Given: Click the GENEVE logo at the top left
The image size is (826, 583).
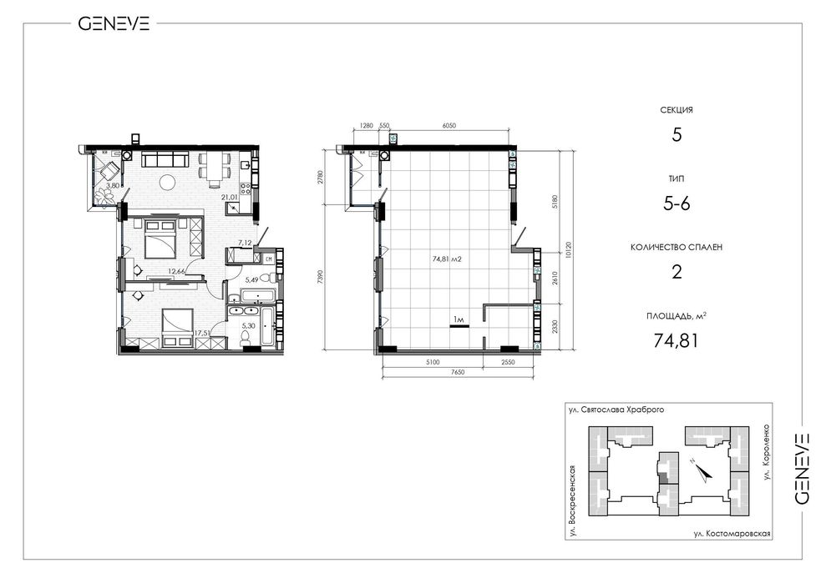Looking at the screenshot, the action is (x=114, y=23).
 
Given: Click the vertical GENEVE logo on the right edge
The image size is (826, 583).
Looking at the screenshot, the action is (x=801, y=469).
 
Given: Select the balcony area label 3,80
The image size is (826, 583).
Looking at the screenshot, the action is (x=112, y=185).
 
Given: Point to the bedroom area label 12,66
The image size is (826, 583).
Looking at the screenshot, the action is (x=176, y=272).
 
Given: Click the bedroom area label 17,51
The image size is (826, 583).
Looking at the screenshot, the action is (x=203, y=333).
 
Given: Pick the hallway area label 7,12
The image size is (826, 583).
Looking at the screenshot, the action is (x=245, y=243).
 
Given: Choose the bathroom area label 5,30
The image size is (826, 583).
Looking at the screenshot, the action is (x=248, y=326).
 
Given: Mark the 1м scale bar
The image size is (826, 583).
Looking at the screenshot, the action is (x=459, y=326).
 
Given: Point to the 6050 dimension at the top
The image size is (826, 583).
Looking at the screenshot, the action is (x=448, y=126).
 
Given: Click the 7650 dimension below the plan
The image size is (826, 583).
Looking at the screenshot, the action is (x=458, y=372).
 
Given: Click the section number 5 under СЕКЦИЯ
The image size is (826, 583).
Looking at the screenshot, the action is (x=677, y=135).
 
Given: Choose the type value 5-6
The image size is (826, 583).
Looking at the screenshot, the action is (x=677, y=204).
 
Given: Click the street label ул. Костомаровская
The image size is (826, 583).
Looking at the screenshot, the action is (x=732, y=534).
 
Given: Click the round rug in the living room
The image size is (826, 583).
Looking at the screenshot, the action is (x=168, y=182).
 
